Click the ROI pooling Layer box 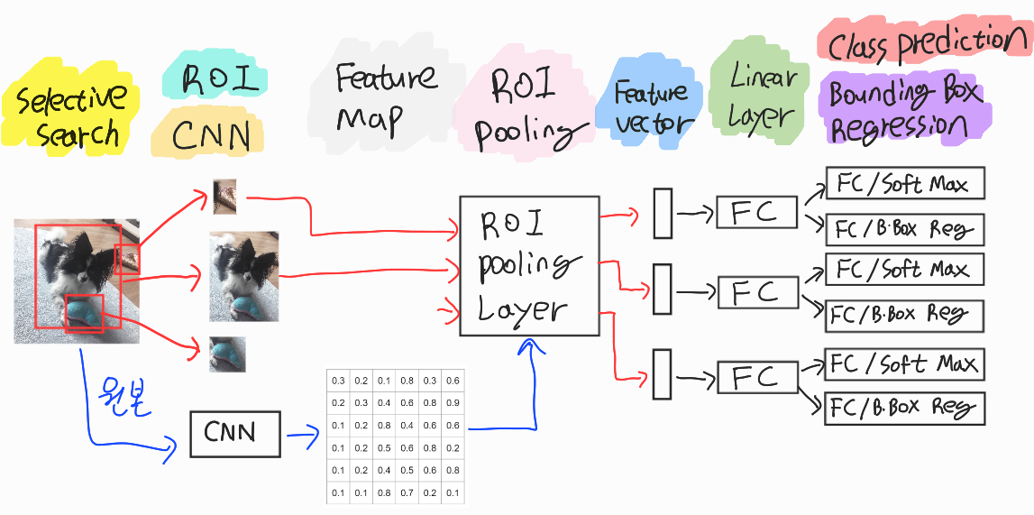tap(529, 266)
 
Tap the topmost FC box tap(756, 214)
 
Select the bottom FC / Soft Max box tap(905, 364)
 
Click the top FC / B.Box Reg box tap(905, 230)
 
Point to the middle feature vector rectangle tap(663, 289)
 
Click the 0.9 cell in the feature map tap(452, 402)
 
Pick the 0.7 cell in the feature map tap(407, 492)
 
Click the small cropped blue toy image tap(227, 354)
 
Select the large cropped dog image tap(243, 276)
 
